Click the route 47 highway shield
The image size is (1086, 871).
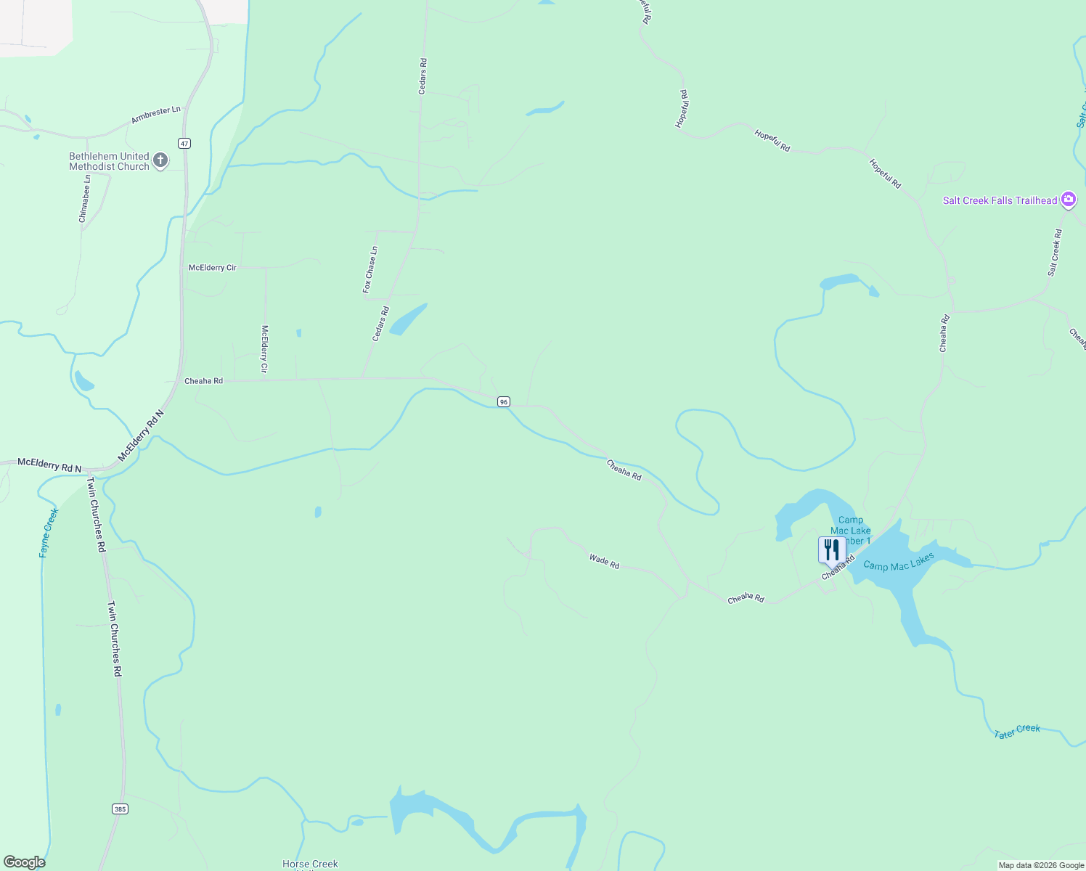pyautogui.click(x=185, y=143)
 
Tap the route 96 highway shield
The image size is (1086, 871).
pyautogui.click(x=504, y=401)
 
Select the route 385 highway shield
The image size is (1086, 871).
pyautogui.click(x=121, y=809)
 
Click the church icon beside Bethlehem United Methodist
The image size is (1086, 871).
pyautogui.click(x=160, y=160)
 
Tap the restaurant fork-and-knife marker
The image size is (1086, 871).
pyautogui.click(x=831, y=549)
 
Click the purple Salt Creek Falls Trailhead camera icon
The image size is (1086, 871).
pyautogui.click(x=1068, y=200)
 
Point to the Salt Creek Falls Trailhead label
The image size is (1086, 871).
pyautogui.click(x=1000, y=200)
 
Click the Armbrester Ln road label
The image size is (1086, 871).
pyautogui.click(x=156, y=115)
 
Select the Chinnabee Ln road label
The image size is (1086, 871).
pyautogui.click(x=85, y=198)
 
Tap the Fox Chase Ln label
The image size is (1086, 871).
pyautogui.click(x=370, y=270)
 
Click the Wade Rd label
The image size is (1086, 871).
pyautogui.click(x=604, y=561)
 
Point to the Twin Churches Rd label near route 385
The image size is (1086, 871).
pyautogui.click(x=115, y=639)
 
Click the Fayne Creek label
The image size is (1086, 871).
pyautogui.click(x=49, y=533)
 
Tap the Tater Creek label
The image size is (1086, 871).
pyautogui.click(x=1017, y=731)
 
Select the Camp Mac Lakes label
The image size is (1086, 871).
pyautogui.click(x=899, y=561)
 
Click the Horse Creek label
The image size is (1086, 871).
pyautogui.click(x=310, y=864)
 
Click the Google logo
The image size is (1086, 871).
pyautogui.click(x=25, y=862)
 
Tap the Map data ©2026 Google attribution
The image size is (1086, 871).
pyautogui.click(x=1041, y=865)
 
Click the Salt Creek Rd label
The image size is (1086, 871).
pyautogui.click(x=1055, y=253)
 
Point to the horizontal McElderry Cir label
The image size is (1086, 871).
pyautogui.click(x=213, y=268)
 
